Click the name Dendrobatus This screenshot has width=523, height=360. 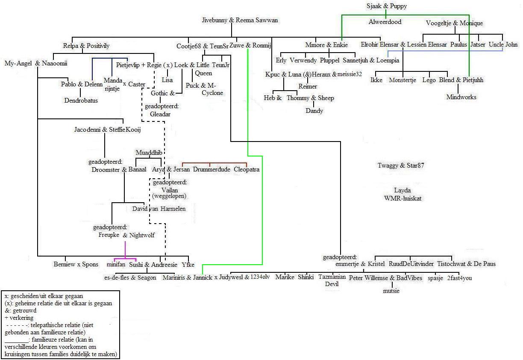[81, 101]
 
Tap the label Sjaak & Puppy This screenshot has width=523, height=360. [386, 6]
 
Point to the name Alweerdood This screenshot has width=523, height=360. [385, 22]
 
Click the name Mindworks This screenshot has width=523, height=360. [461, 97]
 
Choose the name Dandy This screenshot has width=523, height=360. [314, 111]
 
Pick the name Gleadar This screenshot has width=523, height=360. [160, 114]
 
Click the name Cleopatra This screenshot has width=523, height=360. [247, 169]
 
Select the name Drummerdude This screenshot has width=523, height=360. [212, 169]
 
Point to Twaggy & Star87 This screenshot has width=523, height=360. [401, 165]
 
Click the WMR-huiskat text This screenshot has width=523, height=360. [403, 198]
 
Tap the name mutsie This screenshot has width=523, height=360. [391, 291]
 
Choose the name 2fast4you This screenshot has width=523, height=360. [459, 278]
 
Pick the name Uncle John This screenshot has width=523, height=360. [503, 44]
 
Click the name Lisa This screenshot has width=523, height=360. [167, 80]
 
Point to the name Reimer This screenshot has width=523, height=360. [308, 86]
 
